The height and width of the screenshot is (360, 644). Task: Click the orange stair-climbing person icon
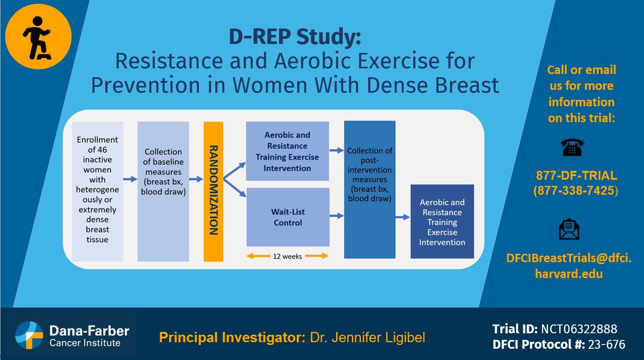click(38, 36)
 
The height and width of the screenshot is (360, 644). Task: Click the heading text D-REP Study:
click(295, 37)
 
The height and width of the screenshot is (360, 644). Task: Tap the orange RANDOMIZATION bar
click(214, 192)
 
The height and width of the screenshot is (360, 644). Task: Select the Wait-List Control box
click(288, 217)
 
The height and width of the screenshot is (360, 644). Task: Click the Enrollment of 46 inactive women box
click(98, 192)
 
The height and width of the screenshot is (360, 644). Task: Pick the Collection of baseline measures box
click(163, 192)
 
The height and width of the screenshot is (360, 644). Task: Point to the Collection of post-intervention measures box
click(370, 189)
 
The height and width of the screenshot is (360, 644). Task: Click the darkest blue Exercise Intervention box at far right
click(442, 222)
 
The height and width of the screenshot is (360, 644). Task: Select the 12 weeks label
click(287, 256)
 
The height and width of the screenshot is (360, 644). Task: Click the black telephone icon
click(572, 148)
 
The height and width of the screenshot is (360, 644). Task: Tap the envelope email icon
click(569, 229)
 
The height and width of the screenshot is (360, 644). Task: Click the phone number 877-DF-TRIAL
click(576, 175)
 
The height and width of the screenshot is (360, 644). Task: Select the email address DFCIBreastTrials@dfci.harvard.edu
click(569, 266)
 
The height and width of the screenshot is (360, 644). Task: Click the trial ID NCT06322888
click(579, 329)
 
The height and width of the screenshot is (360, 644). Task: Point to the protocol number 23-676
click(606, 344)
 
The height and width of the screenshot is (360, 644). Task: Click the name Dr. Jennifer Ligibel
click(368, 337)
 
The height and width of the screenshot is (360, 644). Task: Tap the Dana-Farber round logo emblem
click(29, 335)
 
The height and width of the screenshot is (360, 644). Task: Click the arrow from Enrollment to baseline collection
click(130, 179)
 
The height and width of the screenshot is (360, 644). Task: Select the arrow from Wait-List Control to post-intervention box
click(336, 216)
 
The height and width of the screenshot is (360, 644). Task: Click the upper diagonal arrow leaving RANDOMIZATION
click(235, 171)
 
